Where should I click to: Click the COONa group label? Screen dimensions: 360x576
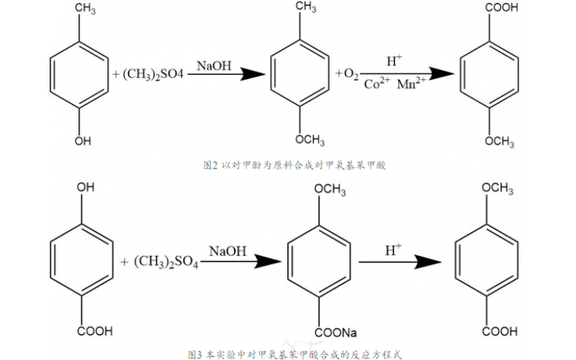[x=336, y=333]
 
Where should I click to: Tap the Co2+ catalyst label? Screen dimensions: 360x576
[x=378, y=84]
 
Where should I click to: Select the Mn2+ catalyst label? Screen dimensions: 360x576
[x=412, y=84]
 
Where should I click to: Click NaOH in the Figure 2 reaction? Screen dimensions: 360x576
[x=214, y=66]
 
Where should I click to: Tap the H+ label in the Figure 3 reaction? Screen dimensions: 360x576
[x=392, y=251]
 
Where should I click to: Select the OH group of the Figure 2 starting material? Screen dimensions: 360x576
[x=83, y=141]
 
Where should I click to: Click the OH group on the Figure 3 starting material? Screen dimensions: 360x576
[x=86, y=188]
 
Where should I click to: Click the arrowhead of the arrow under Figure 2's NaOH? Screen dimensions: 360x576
[x=252, y=73]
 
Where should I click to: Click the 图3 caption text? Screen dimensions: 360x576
[x=292, y=354]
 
